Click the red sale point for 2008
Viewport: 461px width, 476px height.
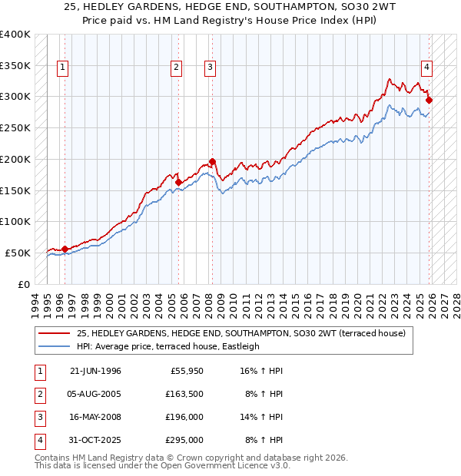212,161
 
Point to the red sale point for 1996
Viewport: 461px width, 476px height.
65,249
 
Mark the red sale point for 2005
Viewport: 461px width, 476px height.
178,182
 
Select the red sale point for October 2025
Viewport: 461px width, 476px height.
429,100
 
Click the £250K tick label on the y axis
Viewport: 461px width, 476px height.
15,127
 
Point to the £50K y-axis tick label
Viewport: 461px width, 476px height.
18,253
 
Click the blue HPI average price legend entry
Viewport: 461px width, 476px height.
167,346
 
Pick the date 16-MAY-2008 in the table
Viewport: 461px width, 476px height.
95,418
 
